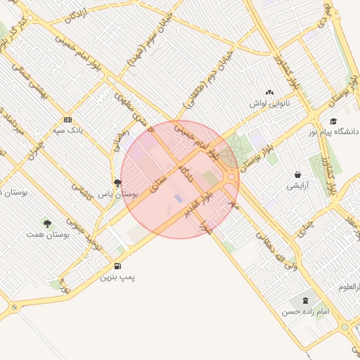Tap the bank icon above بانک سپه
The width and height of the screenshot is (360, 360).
point(67,120)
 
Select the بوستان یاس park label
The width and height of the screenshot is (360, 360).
point(116,193)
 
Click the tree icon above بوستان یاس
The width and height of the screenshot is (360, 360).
point(117,182)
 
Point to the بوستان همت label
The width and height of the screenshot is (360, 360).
point(47,234)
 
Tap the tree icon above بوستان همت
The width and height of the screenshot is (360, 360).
point(47,224)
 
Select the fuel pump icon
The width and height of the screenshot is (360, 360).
point(117,266)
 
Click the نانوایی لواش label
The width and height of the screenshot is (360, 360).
point(269,103)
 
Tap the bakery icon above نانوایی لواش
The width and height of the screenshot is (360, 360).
point(269,92)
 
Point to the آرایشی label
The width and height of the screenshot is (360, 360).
point(297,186)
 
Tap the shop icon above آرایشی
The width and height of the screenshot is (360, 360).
point(298,175)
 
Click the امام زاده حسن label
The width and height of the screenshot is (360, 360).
point(305,311)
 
